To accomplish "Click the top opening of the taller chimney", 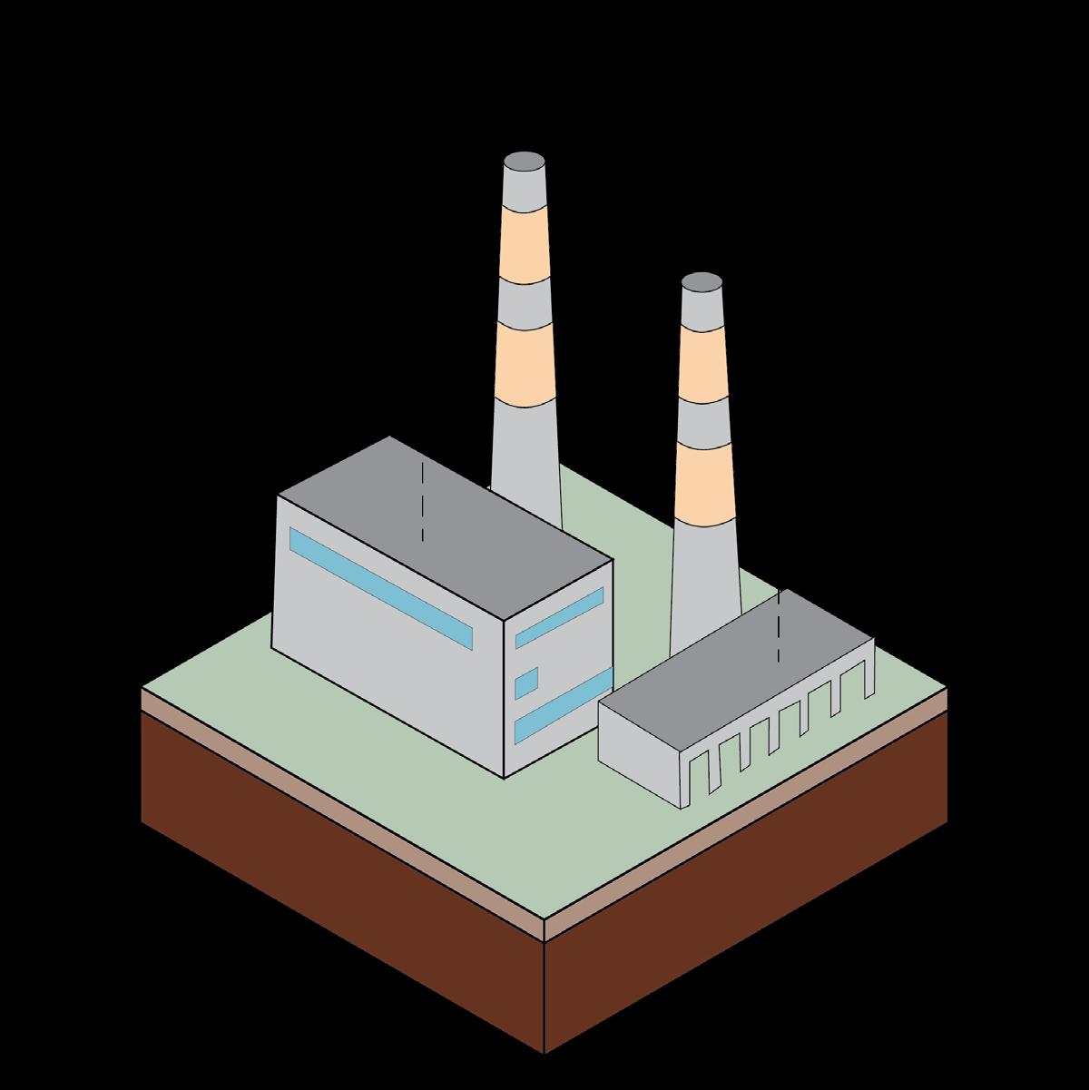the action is point(525,163).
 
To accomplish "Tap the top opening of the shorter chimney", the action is point(701,282).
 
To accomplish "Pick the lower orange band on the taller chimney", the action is point(525,366).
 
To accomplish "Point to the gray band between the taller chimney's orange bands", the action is point(525,302).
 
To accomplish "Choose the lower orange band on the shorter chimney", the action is point(704,476).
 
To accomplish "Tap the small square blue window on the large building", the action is point(526,682).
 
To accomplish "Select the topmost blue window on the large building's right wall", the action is point(560,617).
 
